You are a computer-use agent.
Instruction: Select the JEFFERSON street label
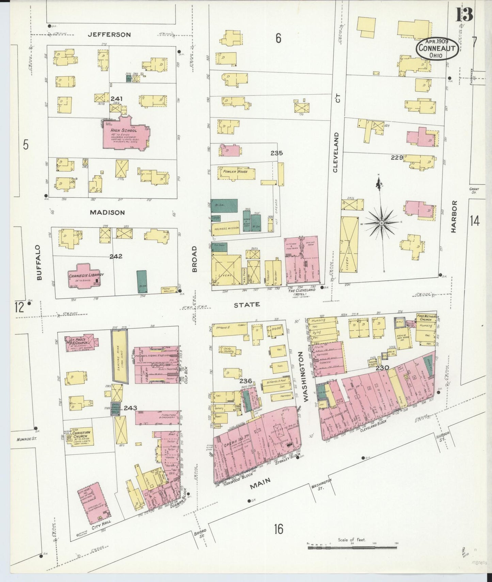coord(109,34)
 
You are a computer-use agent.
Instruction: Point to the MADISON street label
coord(107,212)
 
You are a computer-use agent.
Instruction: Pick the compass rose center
coord(382,223)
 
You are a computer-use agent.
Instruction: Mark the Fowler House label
coord(235,172)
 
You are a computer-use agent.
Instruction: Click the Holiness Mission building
coord(225,228)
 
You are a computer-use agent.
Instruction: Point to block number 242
coord(116,256)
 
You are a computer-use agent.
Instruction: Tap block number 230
coord(382,368)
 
